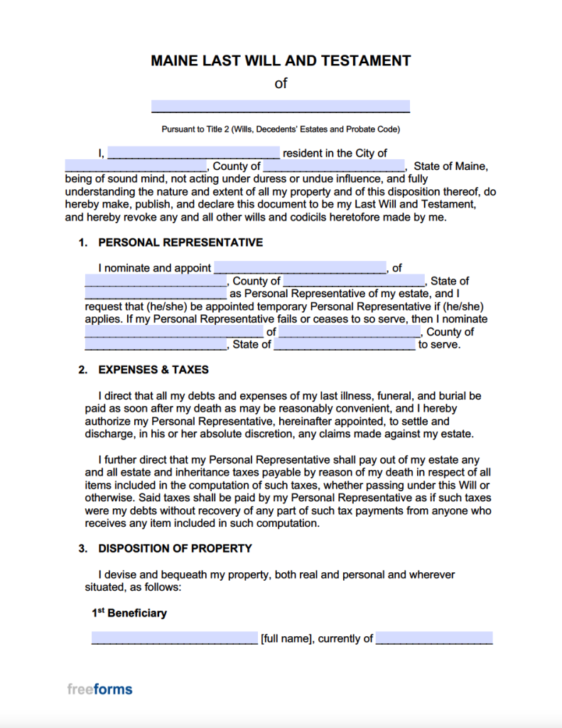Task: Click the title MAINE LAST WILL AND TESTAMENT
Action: click(281, 60)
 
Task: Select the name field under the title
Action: click(281, 107)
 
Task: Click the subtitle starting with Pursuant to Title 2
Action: click(281, 129)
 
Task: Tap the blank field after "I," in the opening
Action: click(193, 153)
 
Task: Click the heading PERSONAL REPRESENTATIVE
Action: click(180, 242)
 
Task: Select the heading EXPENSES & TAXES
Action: click(153, 370)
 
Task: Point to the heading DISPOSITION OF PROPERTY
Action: click(175, 548)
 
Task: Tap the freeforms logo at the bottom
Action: click(99, 689)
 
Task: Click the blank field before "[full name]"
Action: click(175, 638)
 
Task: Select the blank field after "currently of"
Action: click(434, 638)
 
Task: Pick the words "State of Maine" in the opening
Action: click(450, 166)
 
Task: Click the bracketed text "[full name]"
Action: click(286, 638)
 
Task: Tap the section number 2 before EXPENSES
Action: click(82, 370)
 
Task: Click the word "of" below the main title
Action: click(281, 83)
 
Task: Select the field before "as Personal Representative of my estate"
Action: click(155, 294)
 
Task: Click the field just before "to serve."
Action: click(345, 345)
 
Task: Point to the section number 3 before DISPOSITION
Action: click(82, 548)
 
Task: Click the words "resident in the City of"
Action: click(335, 153)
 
